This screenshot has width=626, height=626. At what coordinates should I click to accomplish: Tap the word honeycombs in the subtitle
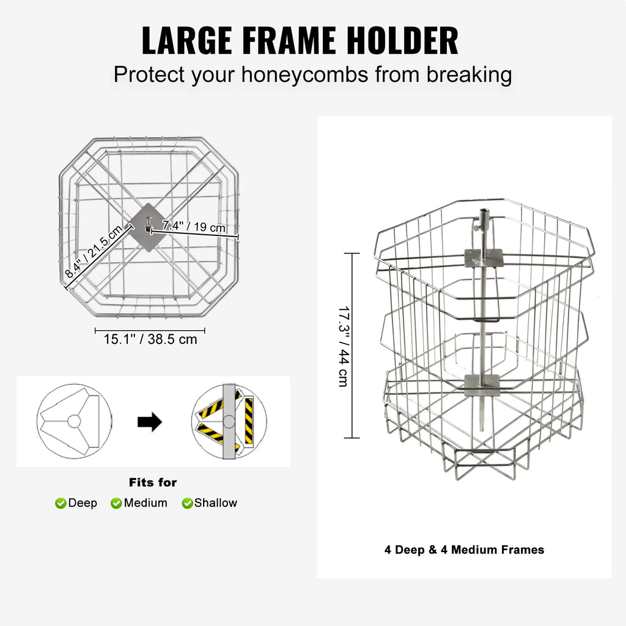click(x=304, y=75)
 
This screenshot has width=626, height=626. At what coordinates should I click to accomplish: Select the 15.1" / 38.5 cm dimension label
click(x=150, y=339)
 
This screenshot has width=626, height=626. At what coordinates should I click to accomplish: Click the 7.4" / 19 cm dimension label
click(x=194, y=226)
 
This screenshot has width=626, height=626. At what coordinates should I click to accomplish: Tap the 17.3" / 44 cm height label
click(x=344, y=347)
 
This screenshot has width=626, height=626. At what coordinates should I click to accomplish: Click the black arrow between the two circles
click(x=150, y=422)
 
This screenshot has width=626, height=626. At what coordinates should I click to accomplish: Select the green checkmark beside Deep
click(x=61, y=503)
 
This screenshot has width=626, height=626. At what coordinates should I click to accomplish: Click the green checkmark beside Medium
click(x=116, y=503)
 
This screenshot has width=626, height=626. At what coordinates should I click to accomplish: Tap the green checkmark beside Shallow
click(x=187, y=503)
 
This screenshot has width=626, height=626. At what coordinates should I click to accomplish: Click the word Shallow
click(x=216, y=503)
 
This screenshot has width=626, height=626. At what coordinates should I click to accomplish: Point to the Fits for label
click(x=153, y=482)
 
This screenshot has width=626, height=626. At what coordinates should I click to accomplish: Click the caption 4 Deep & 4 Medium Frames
click(x=465, y=550)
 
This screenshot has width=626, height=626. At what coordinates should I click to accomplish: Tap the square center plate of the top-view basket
click(x=148, y=227)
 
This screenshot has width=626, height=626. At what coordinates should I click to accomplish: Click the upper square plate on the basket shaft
click(x=484, y=258)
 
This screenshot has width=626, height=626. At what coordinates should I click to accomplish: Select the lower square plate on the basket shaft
click(x=482, y=385)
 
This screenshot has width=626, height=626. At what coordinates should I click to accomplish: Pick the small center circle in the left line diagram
click(x=74, y=421)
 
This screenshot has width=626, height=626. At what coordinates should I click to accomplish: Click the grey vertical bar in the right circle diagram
click(x=229, y=422)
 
